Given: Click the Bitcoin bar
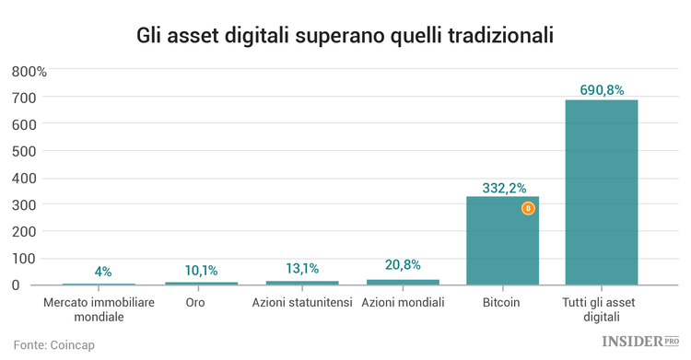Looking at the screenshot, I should (x=502, y=244).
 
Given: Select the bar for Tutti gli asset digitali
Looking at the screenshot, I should (x=602, y=193).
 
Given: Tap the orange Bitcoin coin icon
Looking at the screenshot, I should (x=528, y=209).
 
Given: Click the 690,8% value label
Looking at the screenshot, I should (x=602, y=90).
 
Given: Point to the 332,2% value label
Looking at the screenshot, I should (x=503, y=188).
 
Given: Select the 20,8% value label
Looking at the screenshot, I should (x=403, y=265).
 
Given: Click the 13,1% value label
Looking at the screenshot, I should (x=302, y=269).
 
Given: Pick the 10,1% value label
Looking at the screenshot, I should (x=201, y=271).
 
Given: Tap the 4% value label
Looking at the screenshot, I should (x=102, y=272).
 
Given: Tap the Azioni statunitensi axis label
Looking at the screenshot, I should (x=302, y=302).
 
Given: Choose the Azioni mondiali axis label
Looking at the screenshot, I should (x=403, y=302).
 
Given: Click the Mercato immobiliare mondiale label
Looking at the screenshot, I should (x=100, y=309).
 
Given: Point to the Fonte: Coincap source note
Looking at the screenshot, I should (x=55, y=344).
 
